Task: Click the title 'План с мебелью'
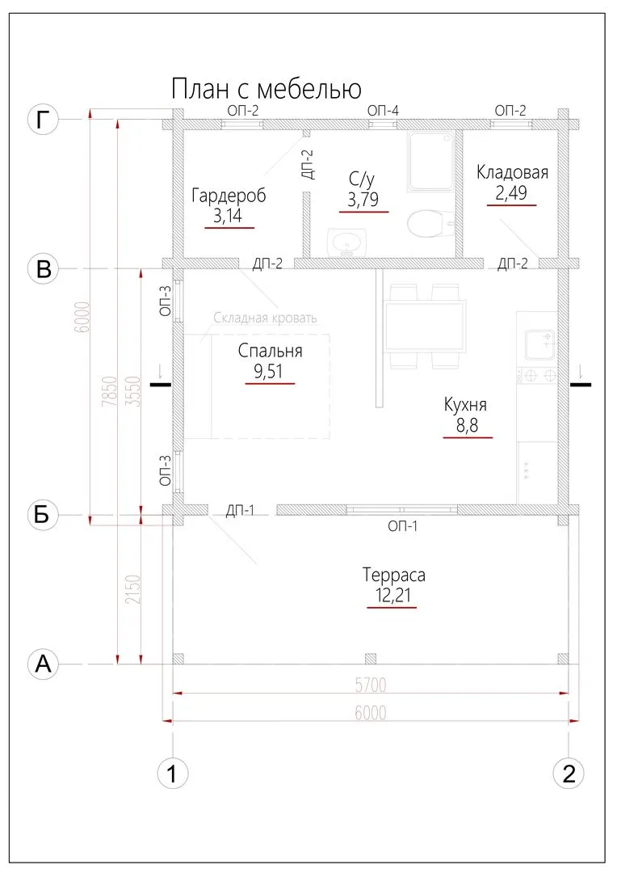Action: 266,87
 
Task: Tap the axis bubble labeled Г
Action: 44,120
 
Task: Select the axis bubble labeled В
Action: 44,268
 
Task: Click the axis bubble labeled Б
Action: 44,515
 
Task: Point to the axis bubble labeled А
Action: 44,664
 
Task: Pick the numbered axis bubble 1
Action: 172,774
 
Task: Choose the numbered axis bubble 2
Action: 569,774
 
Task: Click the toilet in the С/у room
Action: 427,223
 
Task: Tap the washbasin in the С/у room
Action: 348,242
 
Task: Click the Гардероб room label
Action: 229,196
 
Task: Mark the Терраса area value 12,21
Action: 392,596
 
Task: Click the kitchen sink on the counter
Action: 539,344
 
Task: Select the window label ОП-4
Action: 383,110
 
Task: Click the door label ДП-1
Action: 241,510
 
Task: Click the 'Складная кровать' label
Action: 265,318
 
